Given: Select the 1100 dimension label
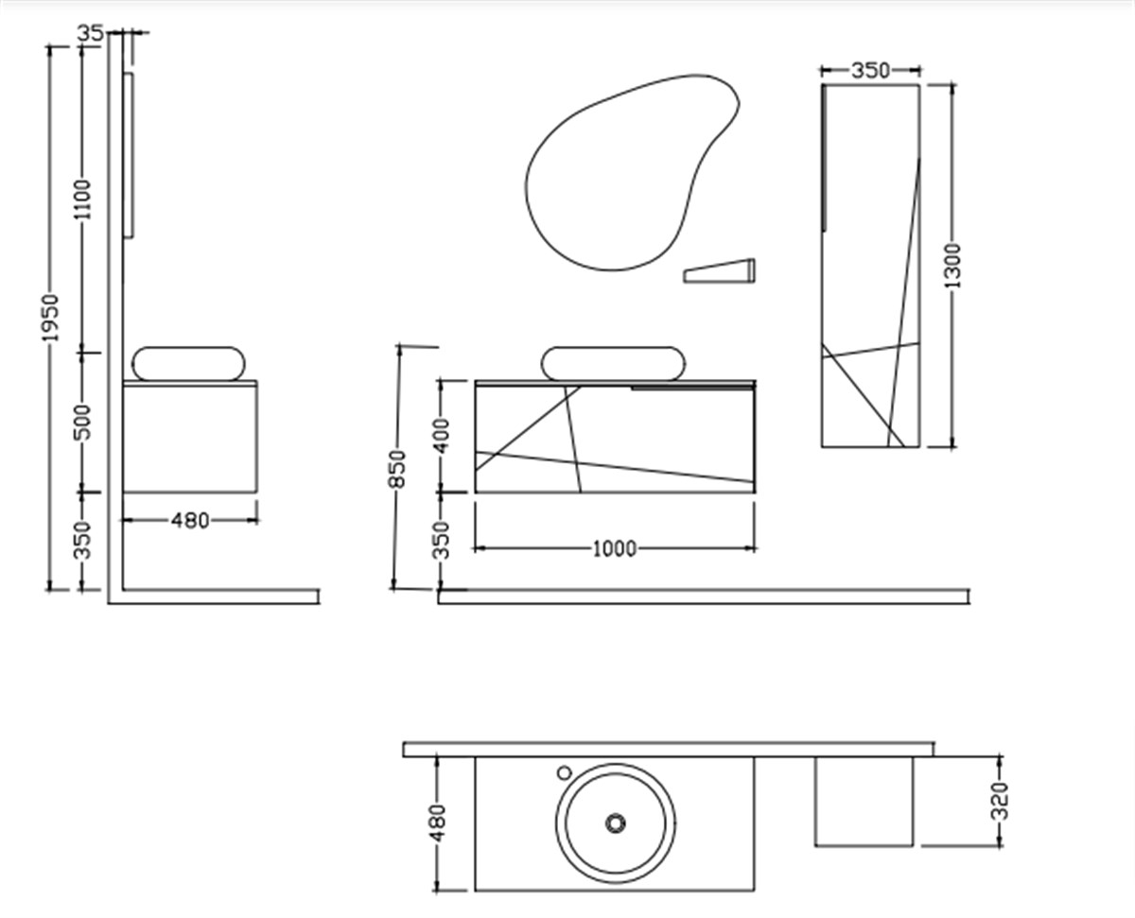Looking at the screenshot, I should click(84, 199).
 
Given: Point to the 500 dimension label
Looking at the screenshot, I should click(84, 422).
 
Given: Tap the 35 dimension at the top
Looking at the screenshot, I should click(90, 33).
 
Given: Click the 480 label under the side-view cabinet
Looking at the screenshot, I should click(190, 520).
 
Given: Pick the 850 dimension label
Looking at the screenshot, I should click(397, 469).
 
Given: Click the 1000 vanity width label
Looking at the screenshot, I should click(614, 549).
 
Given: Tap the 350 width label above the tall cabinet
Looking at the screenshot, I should click(870, 70).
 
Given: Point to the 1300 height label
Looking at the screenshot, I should click(952, 266).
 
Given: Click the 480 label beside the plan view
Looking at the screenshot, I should click(438, 823).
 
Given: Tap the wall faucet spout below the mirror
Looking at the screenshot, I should click(721, 271).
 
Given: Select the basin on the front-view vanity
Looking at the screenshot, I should click(613, 364).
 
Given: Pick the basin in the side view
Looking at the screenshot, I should click(189, 364).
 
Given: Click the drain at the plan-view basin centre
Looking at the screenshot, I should click(616, 823).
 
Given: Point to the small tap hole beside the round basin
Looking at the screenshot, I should click(565, 771).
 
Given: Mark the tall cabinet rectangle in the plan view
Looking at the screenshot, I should click(864, 801).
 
